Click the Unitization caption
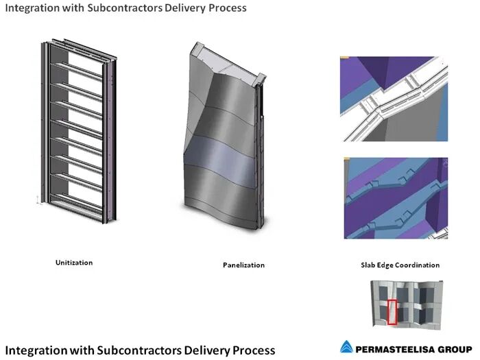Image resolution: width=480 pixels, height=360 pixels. tap(74, 263)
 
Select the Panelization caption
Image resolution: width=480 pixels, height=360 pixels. tap(243, 265)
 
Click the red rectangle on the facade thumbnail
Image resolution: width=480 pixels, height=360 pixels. tap(392, 312)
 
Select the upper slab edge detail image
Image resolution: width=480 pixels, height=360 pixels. tap(394, 99)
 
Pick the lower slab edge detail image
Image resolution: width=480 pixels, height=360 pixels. tap(394, 198)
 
